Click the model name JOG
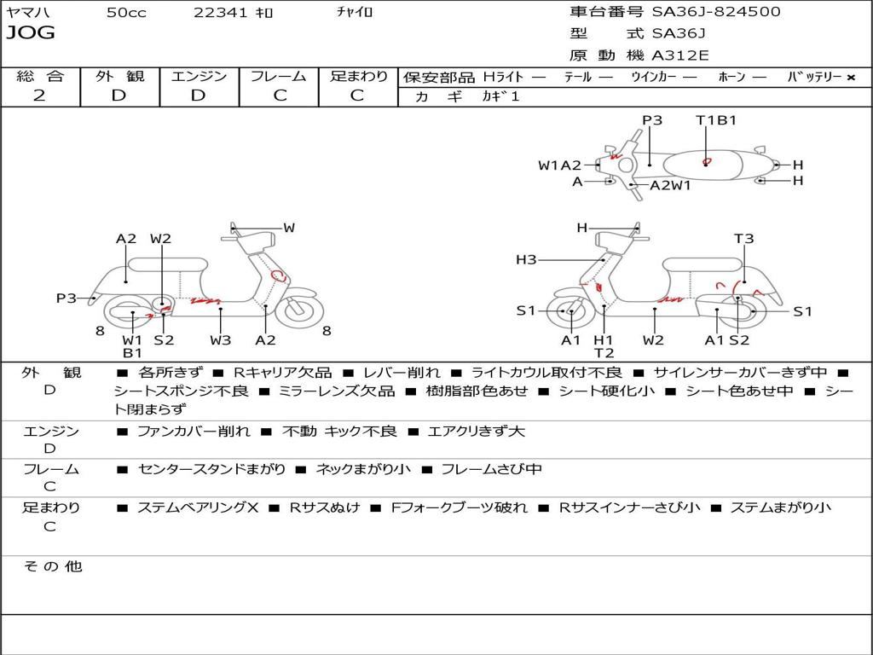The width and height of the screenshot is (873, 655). [31, 33]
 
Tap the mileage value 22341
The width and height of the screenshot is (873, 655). [221, 13]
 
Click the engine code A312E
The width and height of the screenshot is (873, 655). [679, 56]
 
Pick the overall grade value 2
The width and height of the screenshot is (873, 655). [39, 96]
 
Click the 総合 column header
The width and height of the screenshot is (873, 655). [40, 77]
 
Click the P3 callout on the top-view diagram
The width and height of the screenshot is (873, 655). [652, 120]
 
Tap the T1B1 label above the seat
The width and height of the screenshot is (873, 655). [716, 120]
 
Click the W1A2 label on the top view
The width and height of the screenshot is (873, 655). [559, 165]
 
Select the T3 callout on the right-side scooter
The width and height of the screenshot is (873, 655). [743, 239]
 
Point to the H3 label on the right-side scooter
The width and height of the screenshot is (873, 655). [526, 260]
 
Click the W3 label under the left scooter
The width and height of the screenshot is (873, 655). [221, 340]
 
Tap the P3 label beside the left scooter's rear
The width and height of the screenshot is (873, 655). [66, 299]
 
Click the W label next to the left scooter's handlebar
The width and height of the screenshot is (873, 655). [289, 228]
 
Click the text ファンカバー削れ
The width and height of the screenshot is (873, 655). [194, 432]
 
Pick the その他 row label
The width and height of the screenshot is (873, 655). [51, 566]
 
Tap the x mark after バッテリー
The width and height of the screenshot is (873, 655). [851, 78]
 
